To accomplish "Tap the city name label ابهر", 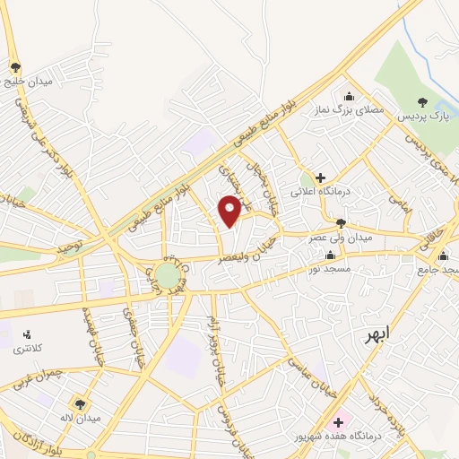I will (x=377, y=335).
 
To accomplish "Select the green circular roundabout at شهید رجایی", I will (x=168, y=274).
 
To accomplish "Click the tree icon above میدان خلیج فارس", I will (x=15, y=66).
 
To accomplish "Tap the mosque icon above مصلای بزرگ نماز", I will (x=349, y=96).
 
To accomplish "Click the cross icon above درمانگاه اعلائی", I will (x=319, y=178).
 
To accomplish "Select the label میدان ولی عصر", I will (x=341, y=238).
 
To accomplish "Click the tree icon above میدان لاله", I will (x=81, y=403).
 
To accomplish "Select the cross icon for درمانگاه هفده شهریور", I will (x=338, y=421).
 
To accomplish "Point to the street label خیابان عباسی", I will (x=303, y=370).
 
